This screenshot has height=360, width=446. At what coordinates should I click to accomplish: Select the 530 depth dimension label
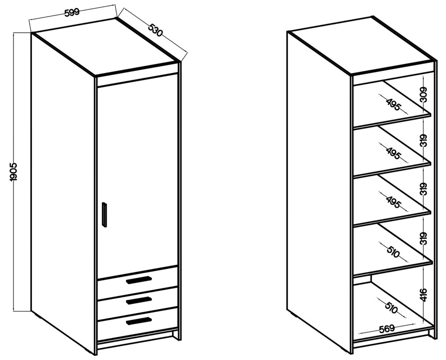pyautogui.click(x=155, y=30)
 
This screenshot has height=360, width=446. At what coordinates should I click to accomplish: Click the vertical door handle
pyautogui.click(x=105, y=215)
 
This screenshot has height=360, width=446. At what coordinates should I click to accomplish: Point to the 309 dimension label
pyautogui.click(x=424, y=94)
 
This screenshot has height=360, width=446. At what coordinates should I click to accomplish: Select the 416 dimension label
pyautogui.click(x=424, y=295)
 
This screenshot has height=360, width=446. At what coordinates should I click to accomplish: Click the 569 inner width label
pyautogui.click(x=387, y=329)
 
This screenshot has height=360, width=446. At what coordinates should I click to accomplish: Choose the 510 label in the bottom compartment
pyautogui.click(x=391, y=307)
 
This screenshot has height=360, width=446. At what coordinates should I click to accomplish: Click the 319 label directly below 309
pyautogui.click(x=424, y=140)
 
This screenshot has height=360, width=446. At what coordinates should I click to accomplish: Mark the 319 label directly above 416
pyautogui.click(x=424, y=238)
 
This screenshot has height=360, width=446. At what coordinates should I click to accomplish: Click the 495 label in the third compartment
pyautogui.click(x=394, y=202)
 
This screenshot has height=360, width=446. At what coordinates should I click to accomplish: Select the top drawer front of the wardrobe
pyautogui.click(x=137, y=277)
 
